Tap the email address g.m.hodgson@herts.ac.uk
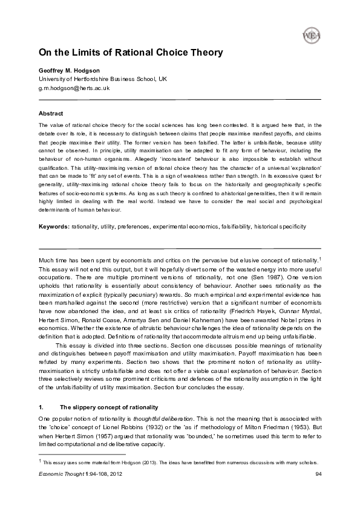(74, 88)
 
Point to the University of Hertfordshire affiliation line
(102, 79)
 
